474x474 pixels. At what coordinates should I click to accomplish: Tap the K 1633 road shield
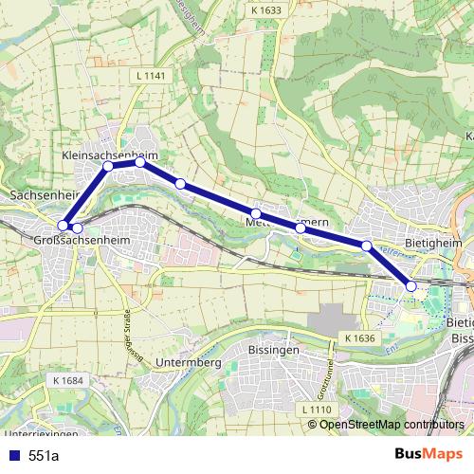[266, 10]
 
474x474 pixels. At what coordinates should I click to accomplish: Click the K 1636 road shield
[361, 337]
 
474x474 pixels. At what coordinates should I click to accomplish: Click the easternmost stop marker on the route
[411, 285]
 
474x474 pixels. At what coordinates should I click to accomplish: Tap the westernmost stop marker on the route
[63, 226]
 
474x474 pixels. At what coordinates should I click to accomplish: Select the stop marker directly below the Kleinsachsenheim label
[108, 166]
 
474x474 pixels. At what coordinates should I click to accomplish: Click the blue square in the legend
[13, 456]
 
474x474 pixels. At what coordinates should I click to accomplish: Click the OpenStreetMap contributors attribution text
[392, 424]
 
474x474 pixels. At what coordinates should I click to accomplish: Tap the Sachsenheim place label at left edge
[38, 194]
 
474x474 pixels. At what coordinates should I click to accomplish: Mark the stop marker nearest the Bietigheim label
[366, 246]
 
